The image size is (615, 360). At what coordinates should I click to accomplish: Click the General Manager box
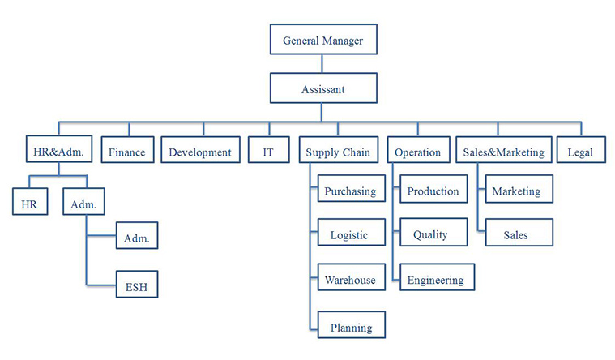coord(322,40)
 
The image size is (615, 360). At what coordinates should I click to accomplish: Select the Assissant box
coord(322,88)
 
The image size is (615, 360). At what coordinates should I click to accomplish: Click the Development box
coord(200,152)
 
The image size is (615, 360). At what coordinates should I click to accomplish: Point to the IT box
coord(267,152)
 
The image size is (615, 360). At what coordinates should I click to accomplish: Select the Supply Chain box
coord(338,152)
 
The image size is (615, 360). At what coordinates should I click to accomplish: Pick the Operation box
coord(417,152)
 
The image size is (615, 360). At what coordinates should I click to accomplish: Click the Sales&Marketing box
coord(503,152)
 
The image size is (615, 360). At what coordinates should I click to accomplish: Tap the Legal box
coord(580,152)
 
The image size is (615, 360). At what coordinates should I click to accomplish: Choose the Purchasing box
coord(350,191)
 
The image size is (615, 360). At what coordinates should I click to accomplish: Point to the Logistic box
coord(349,235)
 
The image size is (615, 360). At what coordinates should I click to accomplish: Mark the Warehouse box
coord(350,280)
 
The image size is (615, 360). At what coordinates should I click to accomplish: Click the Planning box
coord(350,327)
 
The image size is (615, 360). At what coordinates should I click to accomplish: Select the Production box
coord(433,191)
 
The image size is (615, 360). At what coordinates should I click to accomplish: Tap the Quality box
coord(430,235)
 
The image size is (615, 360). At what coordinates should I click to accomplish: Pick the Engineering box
coord(435,280)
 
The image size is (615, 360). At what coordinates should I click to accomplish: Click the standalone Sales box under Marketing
coord(515,235)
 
